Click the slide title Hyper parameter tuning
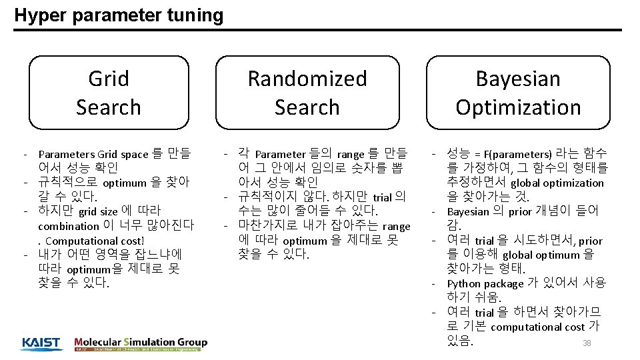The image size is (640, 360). [x=119, y=15]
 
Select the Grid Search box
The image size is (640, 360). [x=109, y=93]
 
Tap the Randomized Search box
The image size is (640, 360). [x=307, y=93]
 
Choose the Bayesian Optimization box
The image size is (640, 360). [x=518, y=93]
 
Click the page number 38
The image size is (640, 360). [x=587, y=343]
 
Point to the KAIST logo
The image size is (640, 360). [x=41, y=343]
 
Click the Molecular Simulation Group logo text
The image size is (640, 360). [x=141, y=342]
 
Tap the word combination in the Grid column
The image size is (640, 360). [x=69, y=226]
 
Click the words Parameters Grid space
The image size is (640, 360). [x=93, y=154]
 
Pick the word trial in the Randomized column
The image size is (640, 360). [x=382, y=197]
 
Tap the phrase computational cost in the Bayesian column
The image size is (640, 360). [x=537, y=327]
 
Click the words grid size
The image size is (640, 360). [x=98, y=212]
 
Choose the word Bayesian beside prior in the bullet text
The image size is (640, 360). [x=468, y=212]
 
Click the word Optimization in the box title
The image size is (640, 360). [x=518, y=107]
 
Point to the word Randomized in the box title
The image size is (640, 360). [x=307, y=79]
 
